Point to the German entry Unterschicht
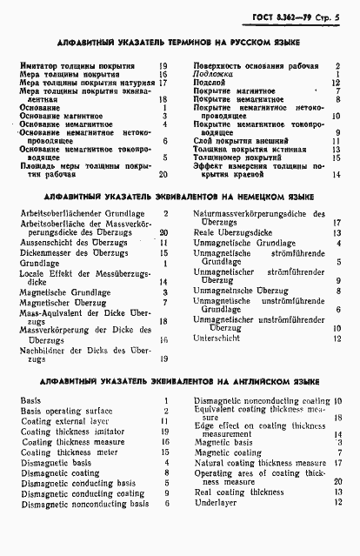pos(218,338)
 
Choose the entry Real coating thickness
pos(239,492)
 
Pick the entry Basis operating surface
pos(66,410)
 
